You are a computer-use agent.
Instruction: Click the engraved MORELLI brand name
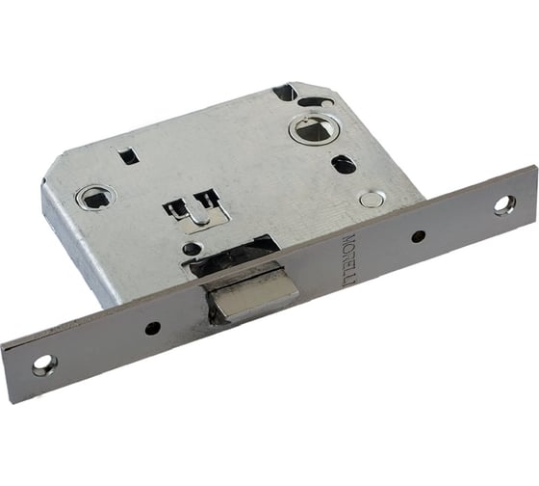tap(348, 261)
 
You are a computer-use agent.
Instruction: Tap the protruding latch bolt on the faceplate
tap(251, 299)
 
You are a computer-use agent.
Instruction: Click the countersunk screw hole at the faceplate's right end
tap(505, 205)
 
